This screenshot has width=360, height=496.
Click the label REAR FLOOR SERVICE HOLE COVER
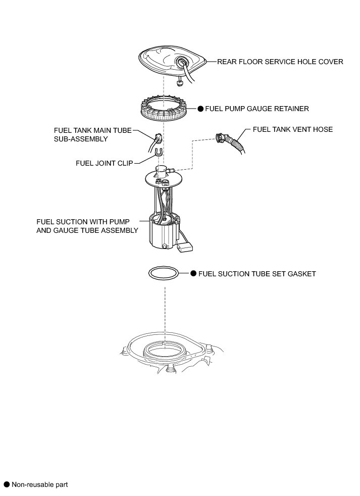pyautogui.click(x=280, y=62)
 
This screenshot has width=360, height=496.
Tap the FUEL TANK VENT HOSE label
pyautogui.click(x=292, y=129)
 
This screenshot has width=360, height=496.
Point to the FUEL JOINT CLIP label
pyautogui.click(x=105, y=163)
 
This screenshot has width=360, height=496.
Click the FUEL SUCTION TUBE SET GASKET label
pyautogui.click(x=257, y=274)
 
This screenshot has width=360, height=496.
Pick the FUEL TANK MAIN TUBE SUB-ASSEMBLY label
pyautogui.click(x=92, y=134)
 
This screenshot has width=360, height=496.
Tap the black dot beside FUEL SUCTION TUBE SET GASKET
pyautogui.click(x=193, y=274)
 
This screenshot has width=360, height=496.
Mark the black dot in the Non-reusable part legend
pyautogui.click(x=7, y=484)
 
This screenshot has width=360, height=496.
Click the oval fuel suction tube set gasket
pyautogui.click(x=164, y=273)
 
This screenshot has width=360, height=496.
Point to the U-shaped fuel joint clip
pyautogui.click(x=159, y=151)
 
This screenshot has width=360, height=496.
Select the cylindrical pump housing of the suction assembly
pyautogui.click(x=161, y=233)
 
